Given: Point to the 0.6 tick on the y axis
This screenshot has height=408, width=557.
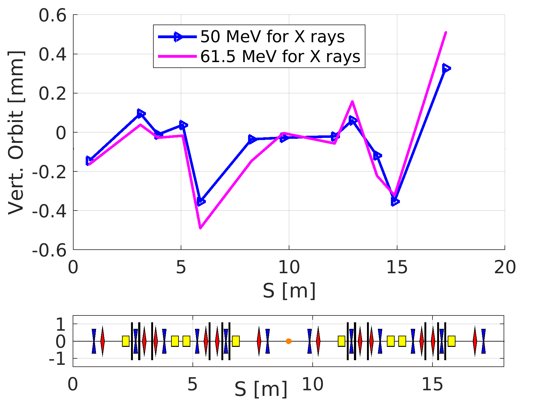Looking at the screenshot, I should [x=52, y=15].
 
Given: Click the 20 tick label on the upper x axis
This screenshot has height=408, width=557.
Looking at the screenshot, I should [x=505, y=267].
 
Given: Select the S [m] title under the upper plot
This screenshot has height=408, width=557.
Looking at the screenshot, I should [x=289, y=291].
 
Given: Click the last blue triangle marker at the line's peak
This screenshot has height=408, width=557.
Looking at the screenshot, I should [x=446, y=68].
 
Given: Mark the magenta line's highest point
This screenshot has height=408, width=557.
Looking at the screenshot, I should [x=446, y=32].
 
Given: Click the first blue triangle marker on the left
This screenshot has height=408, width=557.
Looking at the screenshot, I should [x=89, y=161].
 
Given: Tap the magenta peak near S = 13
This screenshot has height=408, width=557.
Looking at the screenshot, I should [x=352, y=101].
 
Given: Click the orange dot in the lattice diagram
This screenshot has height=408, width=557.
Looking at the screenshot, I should [x=288, y=341].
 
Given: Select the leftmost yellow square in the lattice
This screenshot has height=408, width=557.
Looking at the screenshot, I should [x=125, y=341].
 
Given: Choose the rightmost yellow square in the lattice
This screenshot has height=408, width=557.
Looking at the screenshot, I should [x=451, y=341].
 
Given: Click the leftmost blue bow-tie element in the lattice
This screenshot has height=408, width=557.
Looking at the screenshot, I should [x=94, y=341].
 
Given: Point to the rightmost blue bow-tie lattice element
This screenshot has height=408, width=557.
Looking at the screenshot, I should [x=483, y=341].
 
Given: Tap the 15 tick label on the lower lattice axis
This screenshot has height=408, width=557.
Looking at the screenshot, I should [x=432, y=385].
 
